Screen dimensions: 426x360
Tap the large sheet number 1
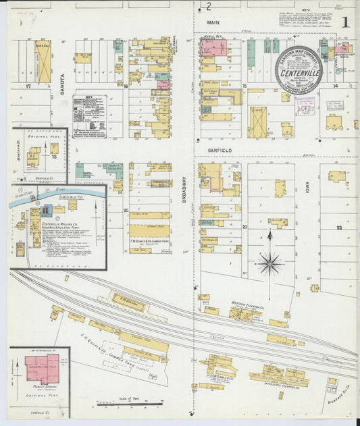[345, 22]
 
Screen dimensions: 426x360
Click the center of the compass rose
[269, 263]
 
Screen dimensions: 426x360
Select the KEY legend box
[88, 115]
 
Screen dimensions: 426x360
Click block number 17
[28, 86]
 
